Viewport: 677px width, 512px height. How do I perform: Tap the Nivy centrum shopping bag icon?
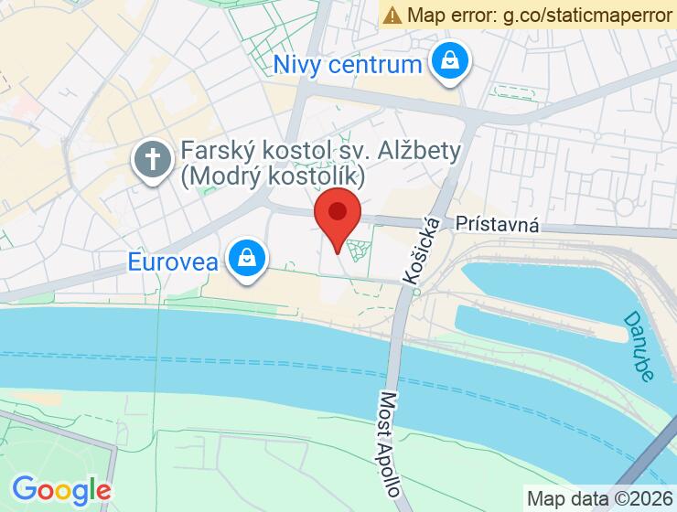449,62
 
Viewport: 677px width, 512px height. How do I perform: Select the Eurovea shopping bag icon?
246,259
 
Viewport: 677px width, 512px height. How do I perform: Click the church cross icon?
153,161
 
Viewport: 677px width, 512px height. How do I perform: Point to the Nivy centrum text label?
349,65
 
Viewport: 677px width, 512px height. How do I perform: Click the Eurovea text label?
174,262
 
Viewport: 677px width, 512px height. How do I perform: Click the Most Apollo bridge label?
389,444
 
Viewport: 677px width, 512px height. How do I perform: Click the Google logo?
61,489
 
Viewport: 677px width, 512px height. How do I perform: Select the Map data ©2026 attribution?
599,498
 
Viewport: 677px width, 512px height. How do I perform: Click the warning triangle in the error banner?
392,15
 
